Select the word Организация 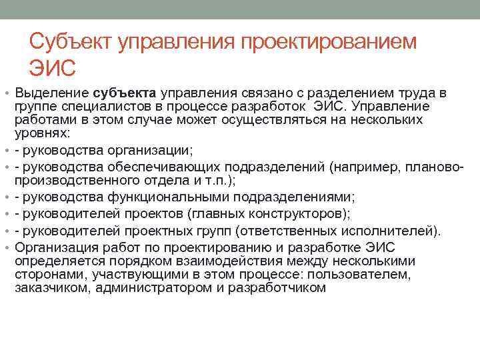[x=56, y=247]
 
